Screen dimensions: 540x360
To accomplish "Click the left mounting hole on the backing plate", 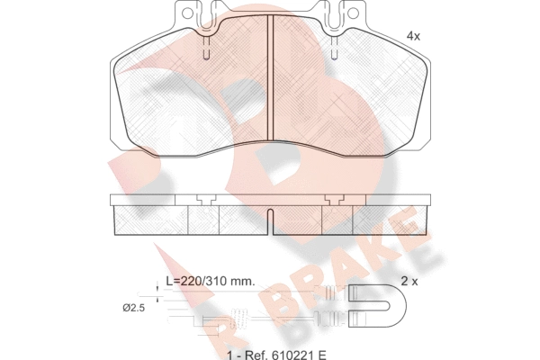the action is (187, 13).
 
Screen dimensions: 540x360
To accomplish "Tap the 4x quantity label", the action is (413, 36).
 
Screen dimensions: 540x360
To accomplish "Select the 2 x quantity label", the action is (409, 282).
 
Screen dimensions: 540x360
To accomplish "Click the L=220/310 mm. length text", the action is (211, 281).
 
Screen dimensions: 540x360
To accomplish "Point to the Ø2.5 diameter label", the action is (133, 308).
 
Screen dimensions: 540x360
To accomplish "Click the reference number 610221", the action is (294, 355).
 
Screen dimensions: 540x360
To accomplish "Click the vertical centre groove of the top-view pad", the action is (270, 78).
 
